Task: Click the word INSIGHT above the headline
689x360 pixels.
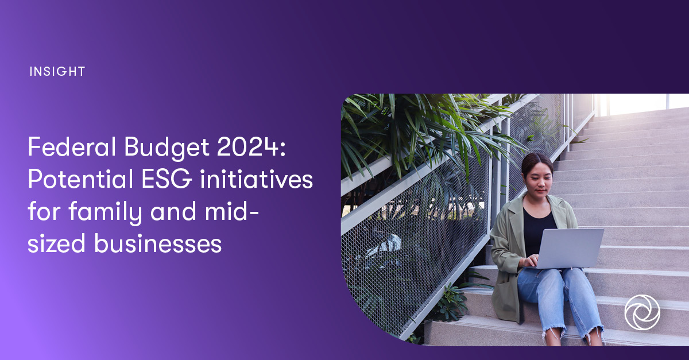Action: click(56, 72)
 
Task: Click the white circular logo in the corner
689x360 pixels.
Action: click(642, 312)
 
